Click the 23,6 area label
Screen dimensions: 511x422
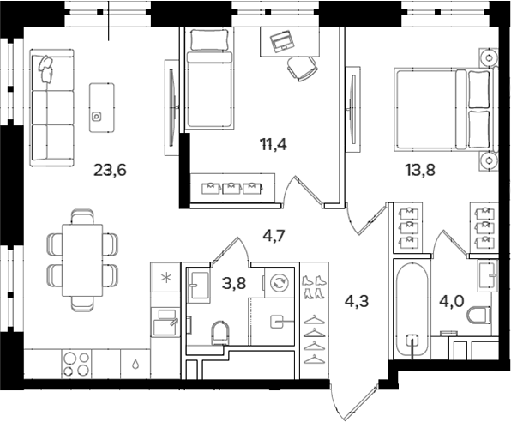pyautogui.click(x=110, y=170)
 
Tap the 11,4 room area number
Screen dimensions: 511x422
pyautogui.click(x=274, y=144)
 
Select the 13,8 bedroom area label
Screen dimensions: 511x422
pyautogui.click(x=420, y=170)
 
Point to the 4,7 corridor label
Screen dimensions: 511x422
pyautogui.click(x=274, y=235)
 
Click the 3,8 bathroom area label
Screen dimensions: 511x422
pyautogui.click(x=234, y=283)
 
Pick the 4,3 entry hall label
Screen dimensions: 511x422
pyautogui.click(x=357, y=301)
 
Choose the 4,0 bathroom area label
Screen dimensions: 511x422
pyautogui.click(x=451, y=302)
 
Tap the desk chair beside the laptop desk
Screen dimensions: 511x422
pyautogui.click(x=302, y=69)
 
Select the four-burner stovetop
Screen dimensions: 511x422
pyautogui.click(x=76, y=364)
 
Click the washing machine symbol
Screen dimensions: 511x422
pyautogui.click(x=280, y=283)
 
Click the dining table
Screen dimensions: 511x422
pyautogui.click(x=82, y=260)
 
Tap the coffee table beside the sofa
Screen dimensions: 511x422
pyautogui.click(x=102, y=107)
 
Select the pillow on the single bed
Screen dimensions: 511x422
pyautogui.click(x=208, y=40)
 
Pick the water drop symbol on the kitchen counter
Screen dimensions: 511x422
pyautogui.click(x=135, y=364)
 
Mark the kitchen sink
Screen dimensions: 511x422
pyautogui.click(x=165, y=323)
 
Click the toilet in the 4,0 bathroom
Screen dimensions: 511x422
pyautogui.click(x=478, y=316)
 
